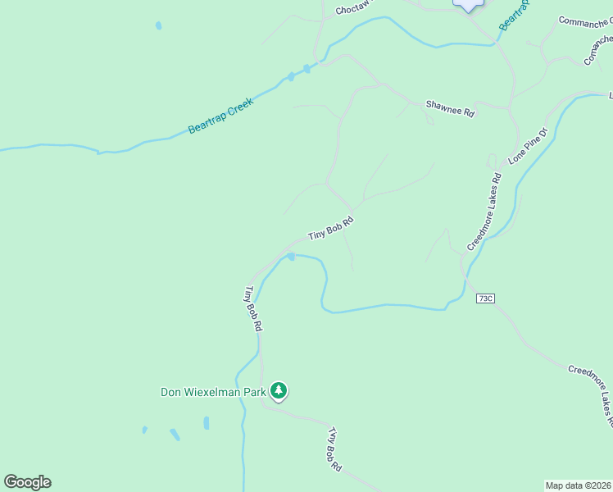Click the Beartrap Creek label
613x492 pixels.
(220, 116)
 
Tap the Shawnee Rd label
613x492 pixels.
(450, 109)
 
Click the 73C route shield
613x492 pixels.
(485, 298)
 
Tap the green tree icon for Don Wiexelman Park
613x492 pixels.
(279, 391)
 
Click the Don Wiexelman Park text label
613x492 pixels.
(213, 392)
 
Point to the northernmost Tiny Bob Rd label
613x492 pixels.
(331, 227)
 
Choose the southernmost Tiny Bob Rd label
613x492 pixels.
(334, 449)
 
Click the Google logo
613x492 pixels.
(27, 482)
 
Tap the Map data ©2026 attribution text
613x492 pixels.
(578, 485)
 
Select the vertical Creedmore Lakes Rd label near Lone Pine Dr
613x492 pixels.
(484, 212)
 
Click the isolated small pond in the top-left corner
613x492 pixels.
(158, 25)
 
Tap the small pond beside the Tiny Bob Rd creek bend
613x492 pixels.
(290, 257)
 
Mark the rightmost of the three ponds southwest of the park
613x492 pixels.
(206, 423)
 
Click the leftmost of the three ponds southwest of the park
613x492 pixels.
(144, 430)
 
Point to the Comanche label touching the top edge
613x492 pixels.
(583, 20)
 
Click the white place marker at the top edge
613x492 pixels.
(468, 5)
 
